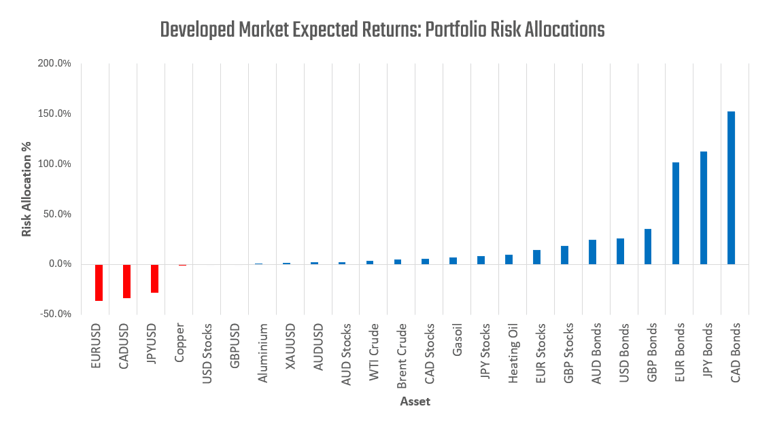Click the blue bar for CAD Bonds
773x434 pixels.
point(731,187)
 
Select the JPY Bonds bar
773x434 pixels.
point(704,208)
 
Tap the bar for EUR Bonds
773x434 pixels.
point(676,213)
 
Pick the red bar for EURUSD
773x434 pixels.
point(99,283)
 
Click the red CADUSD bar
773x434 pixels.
point(126,281)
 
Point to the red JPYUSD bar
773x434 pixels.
point(154,278)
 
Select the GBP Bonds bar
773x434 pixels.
point(648,247)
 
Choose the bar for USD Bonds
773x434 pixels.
point(620,251)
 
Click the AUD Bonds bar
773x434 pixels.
point(592,252)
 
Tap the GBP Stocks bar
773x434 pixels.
point(564,255)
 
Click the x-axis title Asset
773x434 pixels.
point(415,401)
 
